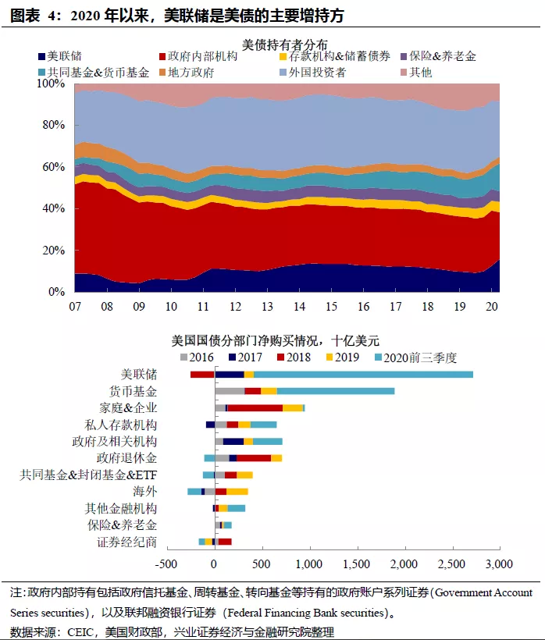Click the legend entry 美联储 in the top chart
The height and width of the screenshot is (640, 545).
pyautogui.click(x=65, y=56)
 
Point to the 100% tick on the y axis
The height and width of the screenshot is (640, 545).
pyautogui.click(x=52, y=84)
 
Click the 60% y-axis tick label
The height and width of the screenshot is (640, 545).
pyautogui.click(x=55, y=167)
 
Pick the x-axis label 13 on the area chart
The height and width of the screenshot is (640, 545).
pyautogui.click(x=267, y=306)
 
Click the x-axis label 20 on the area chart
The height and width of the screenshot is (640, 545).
pyautogui.click(x=493, y=306)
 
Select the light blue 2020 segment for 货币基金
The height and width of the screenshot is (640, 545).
pyautogui.click(x=336, y=391)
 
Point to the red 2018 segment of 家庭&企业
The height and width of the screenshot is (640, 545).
pyautogui.click(x=255, y=407)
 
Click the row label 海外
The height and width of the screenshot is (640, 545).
pyautogui.click(x=145, y=491)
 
